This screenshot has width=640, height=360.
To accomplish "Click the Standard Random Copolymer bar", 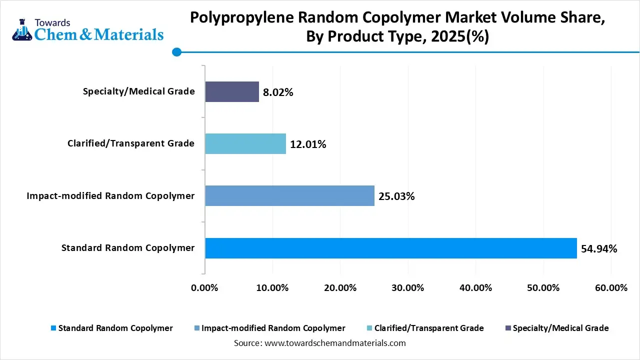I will pos(390,248).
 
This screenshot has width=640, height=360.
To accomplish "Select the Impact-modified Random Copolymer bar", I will pos(289,195).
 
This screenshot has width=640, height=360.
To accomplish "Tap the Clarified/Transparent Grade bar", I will pos(245,143).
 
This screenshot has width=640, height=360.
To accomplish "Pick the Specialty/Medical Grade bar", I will pos(232,91).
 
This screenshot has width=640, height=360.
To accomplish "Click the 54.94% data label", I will pos(599,248).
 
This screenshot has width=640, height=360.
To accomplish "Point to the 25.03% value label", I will pos(396,196).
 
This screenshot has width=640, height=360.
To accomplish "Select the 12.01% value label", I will pos(308,144).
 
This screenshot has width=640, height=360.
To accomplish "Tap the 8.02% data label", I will pos(278,92).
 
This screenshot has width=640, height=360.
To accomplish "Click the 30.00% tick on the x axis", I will pos(407,288).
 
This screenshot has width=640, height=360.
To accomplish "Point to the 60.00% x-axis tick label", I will pos(610,288).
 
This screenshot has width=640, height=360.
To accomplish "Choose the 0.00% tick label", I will pos(205,288).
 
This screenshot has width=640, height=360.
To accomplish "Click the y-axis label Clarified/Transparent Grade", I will pos(131,143).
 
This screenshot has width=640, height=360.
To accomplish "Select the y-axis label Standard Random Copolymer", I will pos(128,247).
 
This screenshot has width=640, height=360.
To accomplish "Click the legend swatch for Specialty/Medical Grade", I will pos(508,328).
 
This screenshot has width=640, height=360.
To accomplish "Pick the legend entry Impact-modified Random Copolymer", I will pos(273,328).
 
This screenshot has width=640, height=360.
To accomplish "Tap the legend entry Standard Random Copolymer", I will pos(115,328).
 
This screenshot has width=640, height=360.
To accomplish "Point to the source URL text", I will pos(334,343).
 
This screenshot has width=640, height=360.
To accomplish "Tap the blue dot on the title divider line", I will pos(176,51).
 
